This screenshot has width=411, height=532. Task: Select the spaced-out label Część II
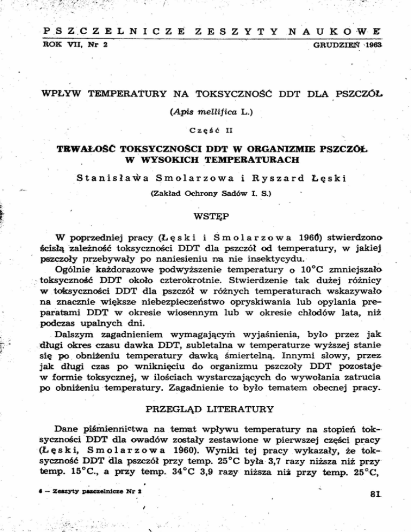click(205, 129)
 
